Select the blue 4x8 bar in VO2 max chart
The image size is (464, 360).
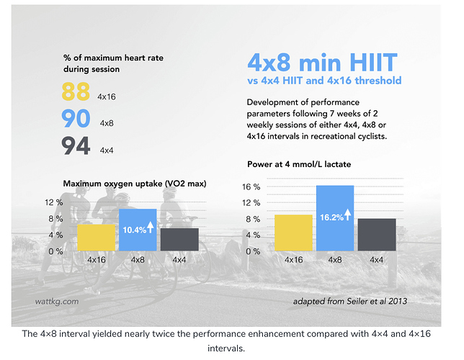(137, 230)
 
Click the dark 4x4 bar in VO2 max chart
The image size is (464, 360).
(179, 239)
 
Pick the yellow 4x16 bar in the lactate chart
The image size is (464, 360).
(294, 232)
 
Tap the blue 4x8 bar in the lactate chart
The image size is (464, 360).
(335, 217)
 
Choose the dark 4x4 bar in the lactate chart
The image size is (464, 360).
(376, 234)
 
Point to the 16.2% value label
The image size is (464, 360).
(331, 214)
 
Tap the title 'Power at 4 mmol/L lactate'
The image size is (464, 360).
(298, 165)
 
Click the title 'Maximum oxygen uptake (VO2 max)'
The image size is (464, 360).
(135, 184)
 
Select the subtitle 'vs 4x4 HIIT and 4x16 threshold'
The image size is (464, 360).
(324, 81)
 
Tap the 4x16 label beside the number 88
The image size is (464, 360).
(107, 96)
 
